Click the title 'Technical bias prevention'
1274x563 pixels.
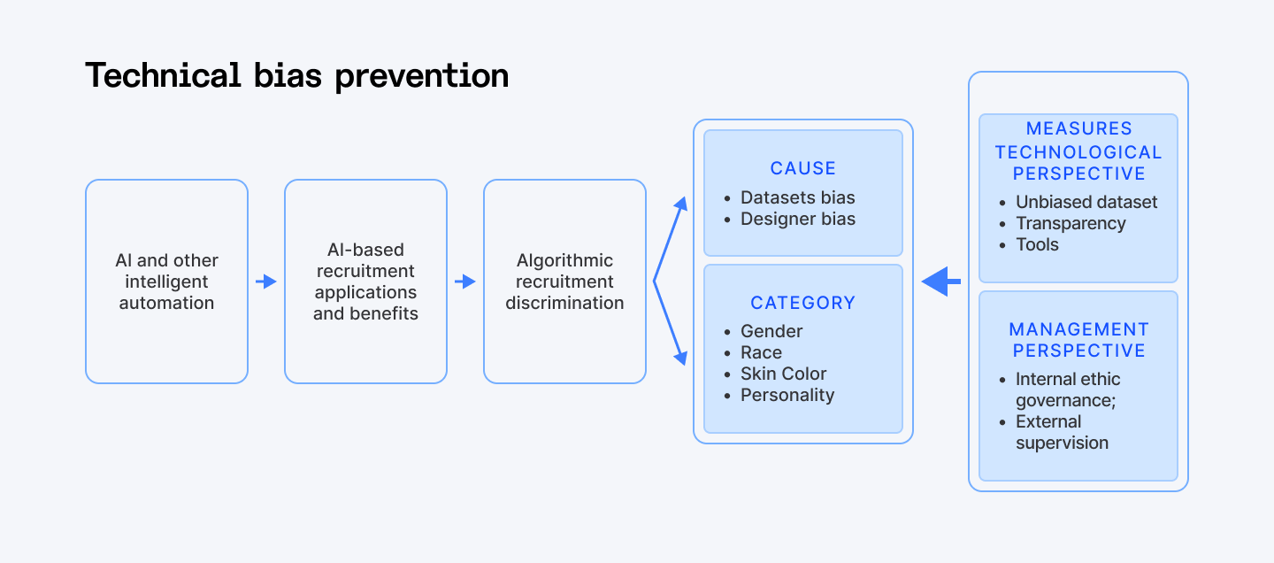296,76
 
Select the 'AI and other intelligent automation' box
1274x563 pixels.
166,281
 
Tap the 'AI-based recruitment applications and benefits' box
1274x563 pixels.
365,281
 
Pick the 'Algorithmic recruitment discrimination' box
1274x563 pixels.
564,281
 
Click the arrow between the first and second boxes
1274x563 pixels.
266,281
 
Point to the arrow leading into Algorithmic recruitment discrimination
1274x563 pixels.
465,281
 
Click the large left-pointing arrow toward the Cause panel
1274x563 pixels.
941,281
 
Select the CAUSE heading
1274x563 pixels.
802,168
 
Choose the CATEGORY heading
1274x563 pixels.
802,303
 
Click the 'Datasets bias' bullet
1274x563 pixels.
797,197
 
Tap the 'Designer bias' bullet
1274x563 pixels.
797,219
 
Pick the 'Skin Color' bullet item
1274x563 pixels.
783,374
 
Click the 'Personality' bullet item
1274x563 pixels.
787,395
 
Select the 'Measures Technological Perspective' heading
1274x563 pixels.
1078,151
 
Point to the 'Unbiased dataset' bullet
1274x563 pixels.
1086,202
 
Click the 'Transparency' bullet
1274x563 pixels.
1071,223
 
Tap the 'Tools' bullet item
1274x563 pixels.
1037,244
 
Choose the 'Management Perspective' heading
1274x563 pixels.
1078,340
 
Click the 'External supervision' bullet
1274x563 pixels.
1062,432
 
